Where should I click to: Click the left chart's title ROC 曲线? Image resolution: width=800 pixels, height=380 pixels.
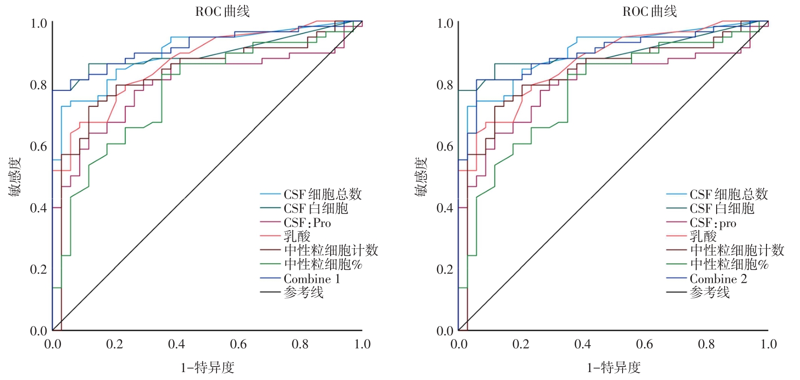click(x=222, y=11)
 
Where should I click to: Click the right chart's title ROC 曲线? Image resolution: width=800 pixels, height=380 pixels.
click(x=650, y=11)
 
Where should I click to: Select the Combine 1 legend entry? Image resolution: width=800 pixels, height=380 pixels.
click(x=312, y=279)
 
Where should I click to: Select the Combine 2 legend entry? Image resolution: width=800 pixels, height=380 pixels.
click(x=718, y=279)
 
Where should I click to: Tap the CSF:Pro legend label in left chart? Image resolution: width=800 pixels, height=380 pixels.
click(x=307, y=223)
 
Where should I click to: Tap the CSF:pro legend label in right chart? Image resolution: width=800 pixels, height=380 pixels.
click(x=713, y=223)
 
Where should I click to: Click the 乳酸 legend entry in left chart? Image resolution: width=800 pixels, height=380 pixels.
click(x=297, y=237)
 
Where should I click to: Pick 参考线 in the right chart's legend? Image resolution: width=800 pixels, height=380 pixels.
click(x=710, y=293)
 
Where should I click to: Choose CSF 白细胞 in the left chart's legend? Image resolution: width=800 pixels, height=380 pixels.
click(x=316, y=208)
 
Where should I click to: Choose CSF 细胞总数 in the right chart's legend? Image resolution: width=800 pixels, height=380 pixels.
click(x=728, y=194)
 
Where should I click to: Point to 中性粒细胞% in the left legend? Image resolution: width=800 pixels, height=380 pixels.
click(x=323, y=265)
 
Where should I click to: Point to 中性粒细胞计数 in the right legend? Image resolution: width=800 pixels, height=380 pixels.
click(x=737, y=250)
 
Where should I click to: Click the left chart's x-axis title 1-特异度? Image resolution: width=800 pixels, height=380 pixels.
click(x=207, y=368)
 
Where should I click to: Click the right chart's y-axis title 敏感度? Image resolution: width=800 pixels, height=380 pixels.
click(x=420, y=177)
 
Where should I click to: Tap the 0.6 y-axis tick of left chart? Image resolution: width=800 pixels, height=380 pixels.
click(x=38, y=147)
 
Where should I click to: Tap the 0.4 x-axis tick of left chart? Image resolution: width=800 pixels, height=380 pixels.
click(x=176, y=344)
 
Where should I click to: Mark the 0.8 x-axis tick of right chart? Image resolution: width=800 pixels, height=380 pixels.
click(x=706, y=344)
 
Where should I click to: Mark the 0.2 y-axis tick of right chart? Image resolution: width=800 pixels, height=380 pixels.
click(x=445, y=269)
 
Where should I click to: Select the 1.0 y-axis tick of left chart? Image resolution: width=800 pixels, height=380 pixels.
click(x=38, y=23)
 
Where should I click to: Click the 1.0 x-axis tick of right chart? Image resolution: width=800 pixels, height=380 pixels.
click(x=768, y=344)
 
